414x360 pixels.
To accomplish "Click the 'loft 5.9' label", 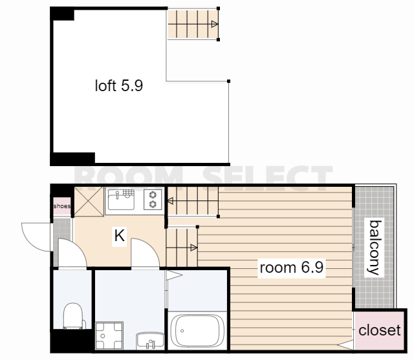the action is pos(119,85).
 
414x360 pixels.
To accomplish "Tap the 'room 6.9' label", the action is pos(292,268).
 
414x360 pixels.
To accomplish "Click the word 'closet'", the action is pos(380,330).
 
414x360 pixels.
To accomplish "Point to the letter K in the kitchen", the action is pos(119,235).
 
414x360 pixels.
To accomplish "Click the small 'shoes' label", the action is pos(62,206).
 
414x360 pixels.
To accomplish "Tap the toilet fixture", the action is pos(74,316).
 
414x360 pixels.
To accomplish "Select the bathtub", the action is pos(197,331).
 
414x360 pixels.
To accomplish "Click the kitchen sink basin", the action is pos(121,200).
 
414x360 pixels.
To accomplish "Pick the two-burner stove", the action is pos(153,200).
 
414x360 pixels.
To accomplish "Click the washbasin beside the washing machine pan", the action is pos(150,341).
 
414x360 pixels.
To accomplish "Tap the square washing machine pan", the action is pos(109,335).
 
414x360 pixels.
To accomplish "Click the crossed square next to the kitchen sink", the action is pos(89,202).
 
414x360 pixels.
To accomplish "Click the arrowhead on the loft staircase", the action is pos(215,25).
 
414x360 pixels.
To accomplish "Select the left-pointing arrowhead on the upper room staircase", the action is pos(171,201).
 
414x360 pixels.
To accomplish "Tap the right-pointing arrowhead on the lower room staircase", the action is pos(194,248).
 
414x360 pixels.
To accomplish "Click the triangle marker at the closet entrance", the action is pos(345,344).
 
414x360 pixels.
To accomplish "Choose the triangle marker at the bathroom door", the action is pos(174,275).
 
